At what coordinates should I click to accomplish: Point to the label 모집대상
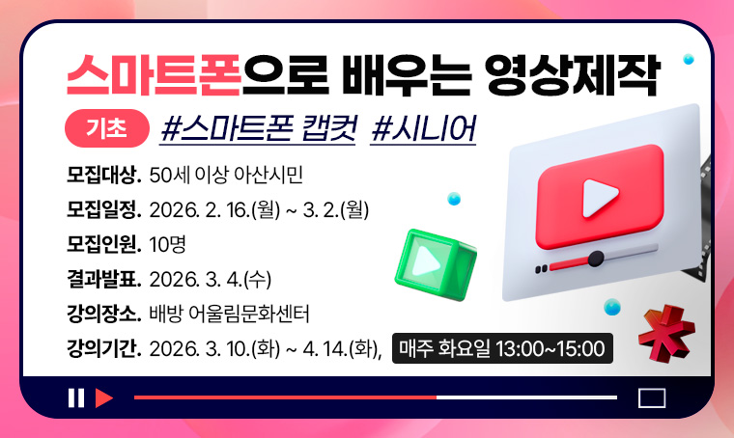[104, 176]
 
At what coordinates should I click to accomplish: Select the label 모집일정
[104, 209]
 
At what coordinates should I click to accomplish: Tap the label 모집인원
[104, 244]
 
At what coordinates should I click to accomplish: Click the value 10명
[167, 244]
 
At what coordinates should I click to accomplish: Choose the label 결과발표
[104, 279]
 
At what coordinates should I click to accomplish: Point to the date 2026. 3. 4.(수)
[212, 279]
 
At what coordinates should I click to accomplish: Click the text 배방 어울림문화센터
[230, 314]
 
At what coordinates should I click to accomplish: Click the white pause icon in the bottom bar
[76, 397]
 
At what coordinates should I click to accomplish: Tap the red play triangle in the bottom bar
[104, 397]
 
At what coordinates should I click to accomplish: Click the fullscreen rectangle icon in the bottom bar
[653, 397]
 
